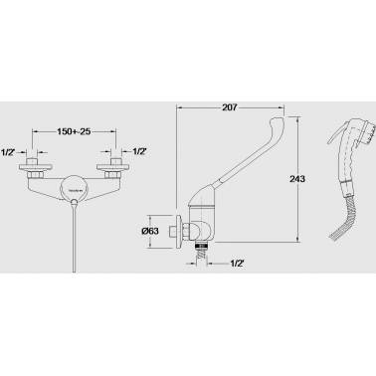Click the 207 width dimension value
point(230,107)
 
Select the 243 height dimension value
point(297,179)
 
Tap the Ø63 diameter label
point(150,231)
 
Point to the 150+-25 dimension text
point(74,131)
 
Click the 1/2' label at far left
point(8,152)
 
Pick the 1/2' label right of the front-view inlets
point(139,151)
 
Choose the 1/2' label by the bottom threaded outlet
point(237,264)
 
